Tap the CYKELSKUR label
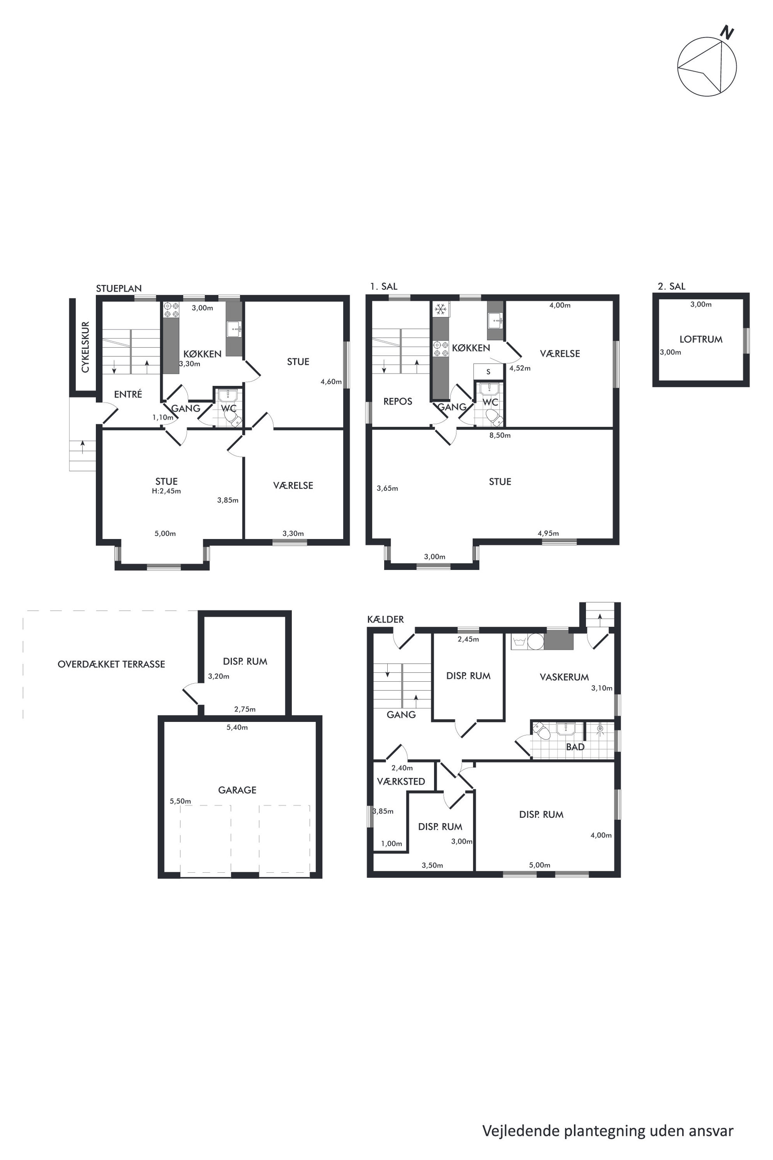[x=85, y=347]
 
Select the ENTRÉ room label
[x=128, y=394]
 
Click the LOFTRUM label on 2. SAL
[x=701, y=340]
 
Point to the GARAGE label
[x=237, y=790]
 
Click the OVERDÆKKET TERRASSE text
[x=111, y=664]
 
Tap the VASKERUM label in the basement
[x=564, y=677]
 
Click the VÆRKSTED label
[x=401, y=781]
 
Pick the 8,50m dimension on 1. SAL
[x=500, y=435]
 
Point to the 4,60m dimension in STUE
[x=331, y=381]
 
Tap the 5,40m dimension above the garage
[x=237, y=727]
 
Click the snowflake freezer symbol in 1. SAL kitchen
[x=440, y=309]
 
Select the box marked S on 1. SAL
[x=489, y=371]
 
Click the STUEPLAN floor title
[x=119, y=288]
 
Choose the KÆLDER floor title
[x=385, y=619]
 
